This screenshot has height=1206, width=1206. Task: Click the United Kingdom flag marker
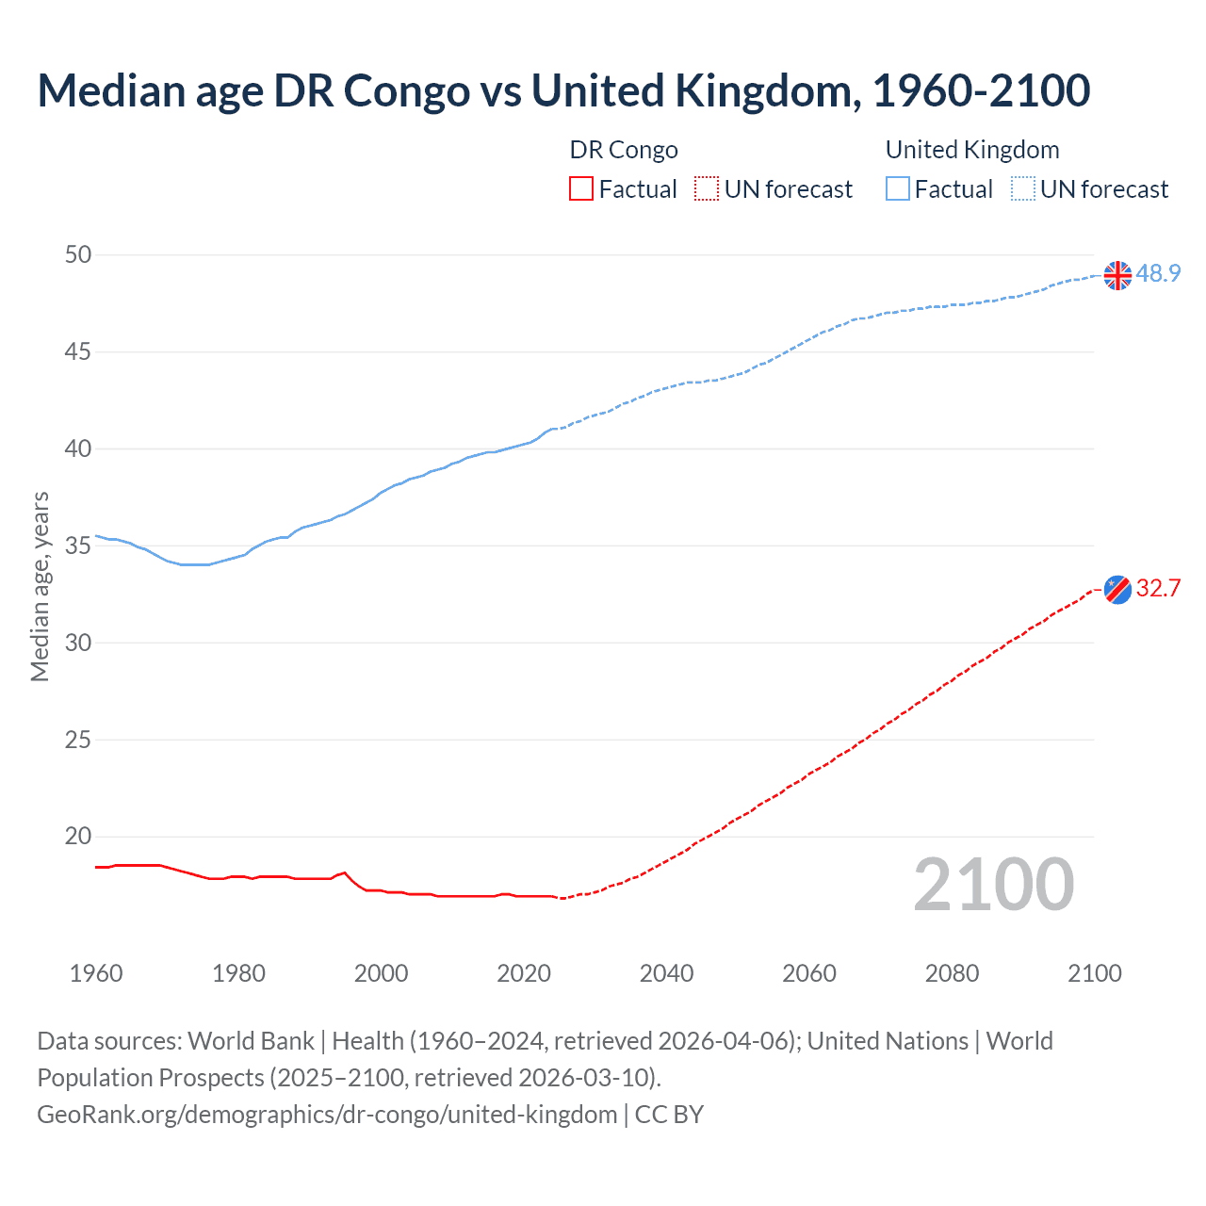pyautogui.click(x=1117, y=275)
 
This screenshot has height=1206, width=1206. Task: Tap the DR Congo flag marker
pyautogui.click(x=1117, y=589)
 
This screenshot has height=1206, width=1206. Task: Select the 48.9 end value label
pyautogui.click(x=1158, y=273)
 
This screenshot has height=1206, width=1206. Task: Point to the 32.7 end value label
pyautogui.click(x=1158, y=588)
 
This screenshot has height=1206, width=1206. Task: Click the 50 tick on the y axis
pyautogui.click(x=79, y=254)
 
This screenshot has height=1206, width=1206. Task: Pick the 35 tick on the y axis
pyautogui.click(x=79, y=546)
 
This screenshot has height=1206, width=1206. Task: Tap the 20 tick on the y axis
pyautogui.click(x=79, y=837)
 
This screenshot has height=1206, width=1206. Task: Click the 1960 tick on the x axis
pyautogui.click(x=96, y=973)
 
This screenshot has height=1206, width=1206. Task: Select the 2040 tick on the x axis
pyautogui.click(x=666, y=973)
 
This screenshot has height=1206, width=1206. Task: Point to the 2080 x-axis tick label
pyautogui.click(x=952, y=973)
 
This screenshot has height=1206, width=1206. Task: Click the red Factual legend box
pyautogui.click(x=581, y=189)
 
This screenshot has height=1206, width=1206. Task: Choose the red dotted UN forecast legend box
pyautogui.click(x=707, y=189)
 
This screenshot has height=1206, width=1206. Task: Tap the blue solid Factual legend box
pyautogui.click(x=898, y=189)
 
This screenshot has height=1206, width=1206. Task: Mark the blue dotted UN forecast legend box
pyautogui.click(x=1023, y=189)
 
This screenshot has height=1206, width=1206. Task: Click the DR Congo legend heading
pyautogui.click(x=624, y=150)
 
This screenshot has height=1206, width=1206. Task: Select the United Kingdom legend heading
pyautogui.click(x=972, y=150)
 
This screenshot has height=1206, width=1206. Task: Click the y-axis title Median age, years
pyautogui.click(x=40, y=586)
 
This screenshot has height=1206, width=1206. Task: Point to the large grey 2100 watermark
pyautogui.click(x=994, y=885)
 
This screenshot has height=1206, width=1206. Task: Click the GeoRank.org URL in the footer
pyautogui.click(x=327, y=1115)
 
